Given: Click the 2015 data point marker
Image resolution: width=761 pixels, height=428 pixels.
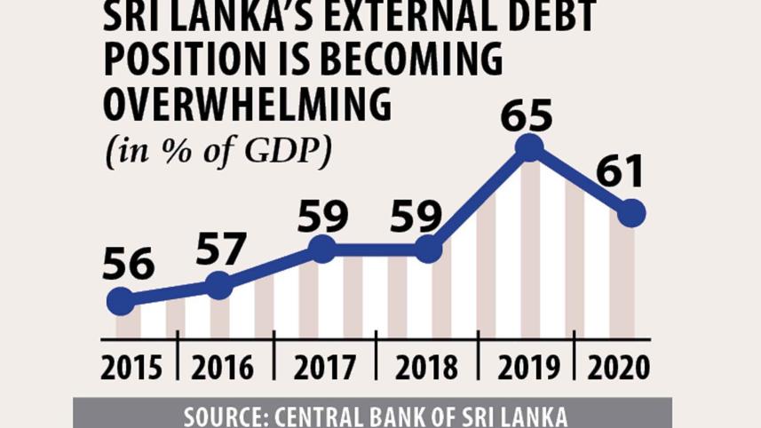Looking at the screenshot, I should pos(122,302).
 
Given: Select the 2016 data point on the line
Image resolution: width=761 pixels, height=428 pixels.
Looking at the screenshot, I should pos(218,285).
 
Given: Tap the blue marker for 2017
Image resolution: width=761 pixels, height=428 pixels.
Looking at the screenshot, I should pos(322,250).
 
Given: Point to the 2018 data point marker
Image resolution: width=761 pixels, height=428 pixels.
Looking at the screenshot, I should pos(428,250).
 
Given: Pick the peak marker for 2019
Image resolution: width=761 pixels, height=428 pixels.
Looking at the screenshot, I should pos(529,147).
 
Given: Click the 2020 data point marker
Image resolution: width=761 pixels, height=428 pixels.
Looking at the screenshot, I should pos(631,213).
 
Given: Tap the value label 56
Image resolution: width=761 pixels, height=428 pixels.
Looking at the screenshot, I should pos(128,265).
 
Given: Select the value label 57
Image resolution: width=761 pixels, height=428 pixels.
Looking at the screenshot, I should pos(219,249).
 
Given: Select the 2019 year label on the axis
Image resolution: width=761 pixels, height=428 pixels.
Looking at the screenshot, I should pos(527,367).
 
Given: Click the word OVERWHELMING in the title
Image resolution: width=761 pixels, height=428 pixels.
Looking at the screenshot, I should pos(248,105).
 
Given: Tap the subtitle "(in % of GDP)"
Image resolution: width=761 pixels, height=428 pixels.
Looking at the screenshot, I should pos(219,151).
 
